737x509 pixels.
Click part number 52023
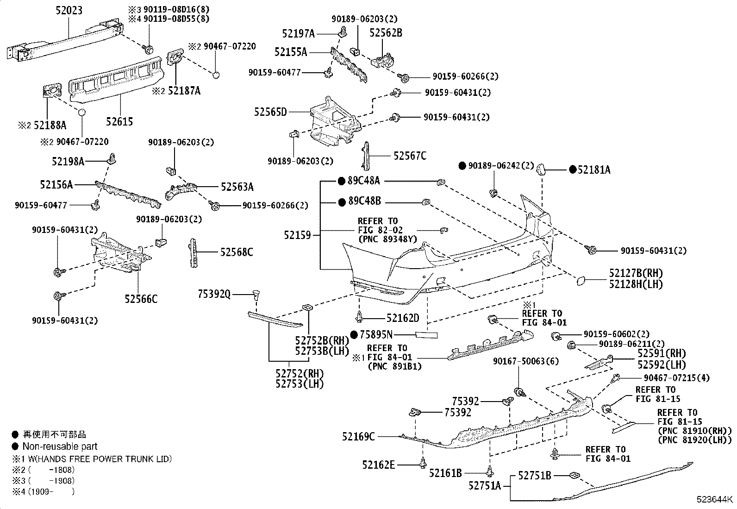[69, 11]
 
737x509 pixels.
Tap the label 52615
[119, 121]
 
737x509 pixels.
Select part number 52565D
[270, 112]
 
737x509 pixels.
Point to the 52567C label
[410, 156]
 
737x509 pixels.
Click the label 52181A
[594, 170]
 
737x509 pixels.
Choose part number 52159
[297, 235]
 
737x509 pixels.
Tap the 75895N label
[376, 335]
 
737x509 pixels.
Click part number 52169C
[358, 437]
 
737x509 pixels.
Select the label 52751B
[535, 475]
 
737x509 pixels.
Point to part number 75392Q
[214, 294]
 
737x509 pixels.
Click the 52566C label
[141, 299]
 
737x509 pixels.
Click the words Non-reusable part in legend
[60, 446]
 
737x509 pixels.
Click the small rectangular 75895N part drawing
[426, 335]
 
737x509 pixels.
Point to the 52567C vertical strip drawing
[366, 156]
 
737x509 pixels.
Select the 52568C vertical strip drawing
[193, 253]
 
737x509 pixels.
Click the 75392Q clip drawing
[256, 295]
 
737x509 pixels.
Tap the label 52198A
[68, 161]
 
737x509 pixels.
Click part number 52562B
[386, 33]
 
